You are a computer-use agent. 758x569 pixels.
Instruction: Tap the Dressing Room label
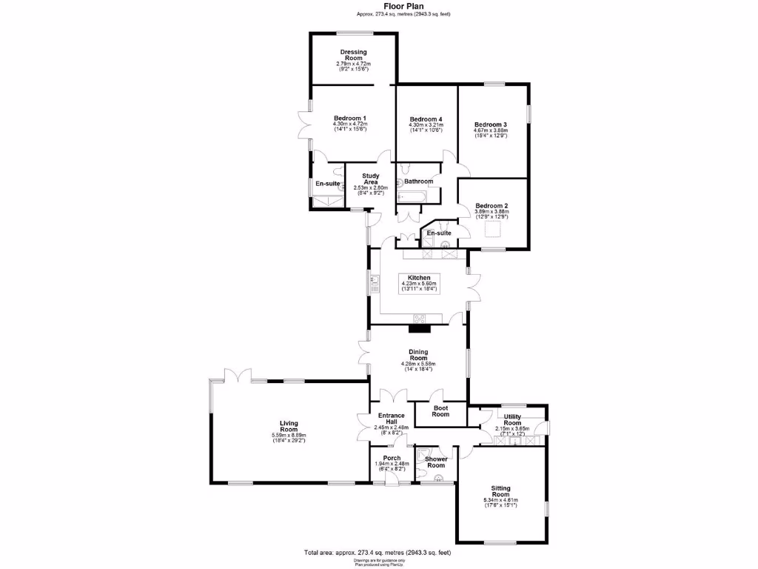pos(353,55)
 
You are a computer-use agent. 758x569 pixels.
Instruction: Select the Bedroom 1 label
pos(349,119)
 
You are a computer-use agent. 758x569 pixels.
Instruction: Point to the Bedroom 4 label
pos(426,119)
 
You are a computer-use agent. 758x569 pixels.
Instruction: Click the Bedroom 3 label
pos(490,124)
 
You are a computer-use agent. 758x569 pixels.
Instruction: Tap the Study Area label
pos(371,179)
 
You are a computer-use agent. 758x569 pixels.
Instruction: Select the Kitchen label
pos(419,278)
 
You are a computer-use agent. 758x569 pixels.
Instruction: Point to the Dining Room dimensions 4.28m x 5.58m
pos(418,364)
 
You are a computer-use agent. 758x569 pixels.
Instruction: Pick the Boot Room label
pos(440,411)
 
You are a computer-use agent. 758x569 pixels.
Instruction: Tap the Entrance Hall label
pos(391,419)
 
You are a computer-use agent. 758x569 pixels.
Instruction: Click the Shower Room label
pos(436,462)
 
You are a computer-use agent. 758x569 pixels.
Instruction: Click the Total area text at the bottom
pos(378,553)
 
